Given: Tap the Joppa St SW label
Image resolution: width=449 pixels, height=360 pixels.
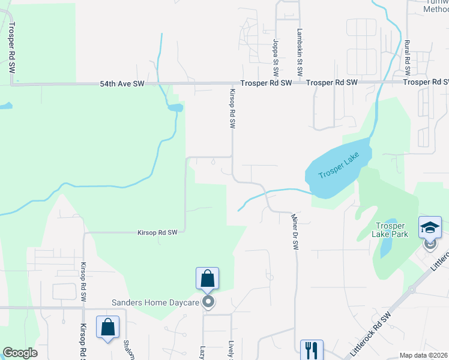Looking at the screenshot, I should point(276,58).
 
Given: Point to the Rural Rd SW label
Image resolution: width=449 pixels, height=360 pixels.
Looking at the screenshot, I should point(407,53).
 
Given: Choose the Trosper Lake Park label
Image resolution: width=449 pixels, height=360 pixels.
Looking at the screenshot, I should point(391,229).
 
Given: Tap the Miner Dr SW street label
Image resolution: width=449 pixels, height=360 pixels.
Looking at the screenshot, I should point(295,232).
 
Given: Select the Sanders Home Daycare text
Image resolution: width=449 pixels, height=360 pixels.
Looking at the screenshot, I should point(155,302).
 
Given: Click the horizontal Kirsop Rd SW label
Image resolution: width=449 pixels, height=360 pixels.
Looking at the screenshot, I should point(158,232).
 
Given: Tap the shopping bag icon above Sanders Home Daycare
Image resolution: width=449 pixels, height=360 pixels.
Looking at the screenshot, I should point(207,278).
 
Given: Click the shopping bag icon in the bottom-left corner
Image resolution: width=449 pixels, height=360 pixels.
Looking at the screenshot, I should point(107,328).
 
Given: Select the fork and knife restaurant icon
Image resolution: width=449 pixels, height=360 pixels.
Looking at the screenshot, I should point(312,350).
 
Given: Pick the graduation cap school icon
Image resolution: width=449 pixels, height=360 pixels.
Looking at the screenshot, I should point(430,227).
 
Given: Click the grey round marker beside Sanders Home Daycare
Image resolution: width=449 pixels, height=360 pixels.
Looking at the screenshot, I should point(208,302).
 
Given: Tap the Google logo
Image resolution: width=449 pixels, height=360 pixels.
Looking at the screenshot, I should point(20,353).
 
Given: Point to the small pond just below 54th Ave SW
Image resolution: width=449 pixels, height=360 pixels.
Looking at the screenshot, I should point(175,108).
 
